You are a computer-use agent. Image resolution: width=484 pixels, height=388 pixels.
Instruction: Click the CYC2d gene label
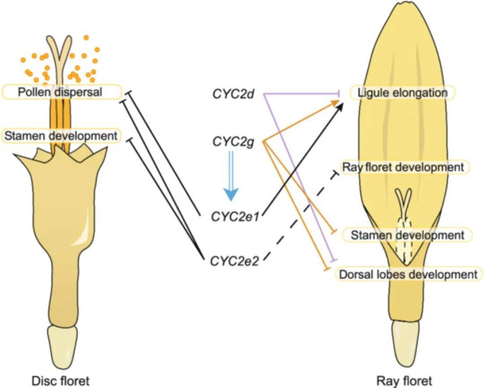(233, 94)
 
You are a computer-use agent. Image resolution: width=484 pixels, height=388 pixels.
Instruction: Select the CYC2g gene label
(233, 142)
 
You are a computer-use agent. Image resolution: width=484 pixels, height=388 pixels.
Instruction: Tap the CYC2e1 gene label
(235, 217)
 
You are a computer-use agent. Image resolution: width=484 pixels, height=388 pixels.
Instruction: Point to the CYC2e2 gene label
(235, 261)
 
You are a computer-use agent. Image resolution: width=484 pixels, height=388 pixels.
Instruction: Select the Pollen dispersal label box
(61, 92)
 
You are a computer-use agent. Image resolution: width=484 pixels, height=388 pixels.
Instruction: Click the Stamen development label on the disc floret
(61, 136)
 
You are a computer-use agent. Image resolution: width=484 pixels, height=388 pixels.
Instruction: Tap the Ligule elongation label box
(402, 93)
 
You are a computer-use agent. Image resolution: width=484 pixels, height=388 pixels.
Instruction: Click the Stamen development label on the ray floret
(407, 235)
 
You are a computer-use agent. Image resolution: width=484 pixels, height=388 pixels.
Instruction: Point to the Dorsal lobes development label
(408, 274)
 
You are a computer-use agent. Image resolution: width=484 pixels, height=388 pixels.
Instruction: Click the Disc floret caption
(61, 381)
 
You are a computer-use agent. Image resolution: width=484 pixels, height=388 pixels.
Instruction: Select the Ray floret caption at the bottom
(404, 381)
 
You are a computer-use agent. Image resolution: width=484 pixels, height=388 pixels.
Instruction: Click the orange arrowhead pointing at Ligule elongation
(335, 103)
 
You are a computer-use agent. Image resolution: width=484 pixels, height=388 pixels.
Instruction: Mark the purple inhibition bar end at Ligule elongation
(340, 93)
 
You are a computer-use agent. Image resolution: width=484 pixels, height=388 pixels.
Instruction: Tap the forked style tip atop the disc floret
(61, 49)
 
